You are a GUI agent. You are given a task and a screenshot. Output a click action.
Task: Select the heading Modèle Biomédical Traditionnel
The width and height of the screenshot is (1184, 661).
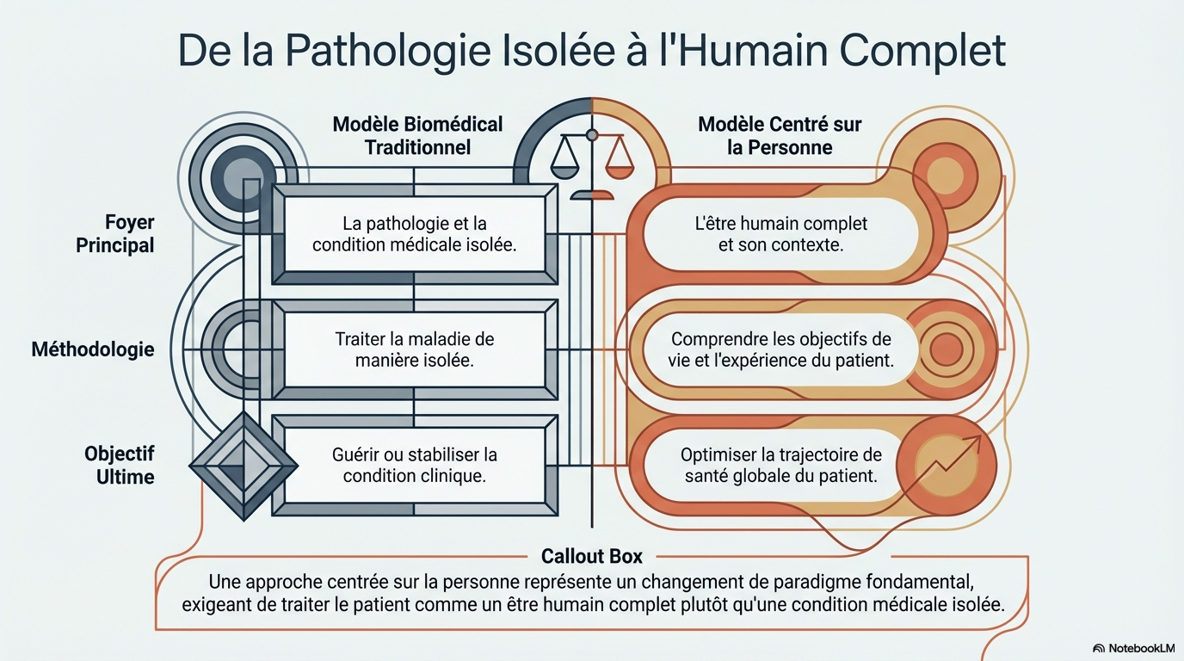(x=417, y=135)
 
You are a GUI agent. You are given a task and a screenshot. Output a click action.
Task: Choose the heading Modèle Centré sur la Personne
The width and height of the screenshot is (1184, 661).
(x=780, y=135)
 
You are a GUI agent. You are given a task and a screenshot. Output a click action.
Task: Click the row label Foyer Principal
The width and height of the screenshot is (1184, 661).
(x=115, y=234)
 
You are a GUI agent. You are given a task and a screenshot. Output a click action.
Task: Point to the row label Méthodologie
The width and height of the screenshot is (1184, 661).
(x=93, y=349)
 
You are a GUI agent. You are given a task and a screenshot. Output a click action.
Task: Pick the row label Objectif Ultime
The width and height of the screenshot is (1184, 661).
(x=119, y=465)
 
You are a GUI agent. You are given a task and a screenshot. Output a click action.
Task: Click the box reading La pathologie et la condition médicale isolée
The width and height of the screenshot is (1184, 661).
(x=414, y=233)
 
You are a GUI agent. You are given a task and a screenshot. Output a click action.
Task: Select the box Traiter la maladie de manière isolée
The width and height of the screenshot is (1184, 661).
(x=414, y=349)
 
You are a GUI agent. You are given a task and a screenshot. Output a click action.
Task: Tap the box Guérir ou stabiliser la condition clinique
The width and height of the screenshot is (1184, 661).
(x=414, y=464)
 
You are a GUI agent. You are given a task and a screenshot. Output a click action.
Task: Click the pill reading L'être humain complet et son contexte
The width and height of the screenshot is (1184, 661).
(x=780, y=233)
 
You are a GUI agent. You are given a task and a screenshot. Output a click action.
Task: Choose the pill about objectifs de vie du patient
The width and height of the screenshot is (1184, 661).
(x=780, y=349)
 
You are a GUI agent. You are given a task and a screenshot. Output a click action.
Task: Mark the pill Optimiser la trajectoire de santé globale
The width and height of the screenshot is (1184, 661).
(x=780, y=464)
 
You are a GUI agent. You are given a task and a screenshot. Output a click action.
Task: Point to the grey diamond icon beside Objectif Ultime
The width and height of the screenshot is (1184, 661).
(x=244, y=466)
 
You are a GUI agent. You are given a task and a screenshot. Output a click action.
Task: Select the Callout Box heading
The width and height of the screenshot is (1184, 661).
(x=591, y=556)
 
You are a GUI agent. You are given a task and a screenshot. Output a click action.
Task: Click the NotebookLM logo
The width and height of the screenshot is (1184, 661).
(x=1132, y=647)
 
